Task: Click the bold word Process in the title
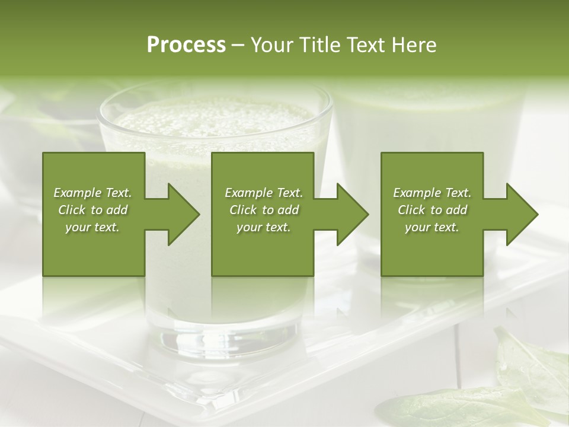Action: (x=186, y=45)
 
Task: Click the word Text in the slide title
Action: (x=366, y=45)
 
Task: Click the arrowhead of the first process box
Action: (x=184, y=214)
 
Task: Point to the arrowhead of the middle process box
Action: (x=353, y=214)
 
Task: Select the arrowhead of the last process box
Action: (x=522, y=214)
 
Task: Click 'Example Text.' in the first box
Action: (x=92, y=193)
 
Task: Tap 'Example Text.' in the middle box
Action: (x=264, y=193)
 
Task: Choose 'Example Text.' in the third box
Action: (x=432, y=193)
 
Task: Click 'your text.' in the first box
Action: (x=92, y=227)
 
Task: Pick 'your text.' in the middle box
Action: (x=264, y=227)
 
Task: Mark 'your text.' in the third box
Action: (x=432, y=227)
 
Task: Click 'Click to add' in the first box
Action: (x=92, y=210)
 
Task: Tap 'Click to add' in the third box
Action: (x=432, y=210)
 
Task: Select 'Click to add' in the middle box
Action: (x=264, y=210)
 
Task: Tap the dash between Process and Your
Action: (x=238, y=46)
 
